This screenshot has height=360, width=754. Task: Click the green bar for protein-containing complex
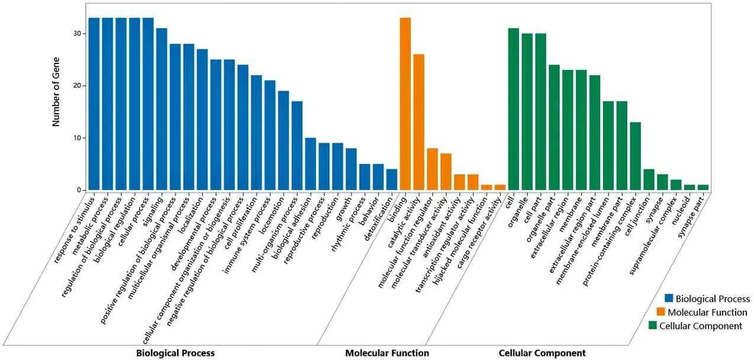tap(635, 156)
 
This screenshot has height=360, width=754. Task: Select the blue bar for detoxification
tap(392, 179)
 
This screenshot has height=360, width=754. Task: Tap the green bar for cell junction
tap(649, 179)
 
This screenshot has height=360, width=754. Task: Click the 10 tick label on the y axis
tap(78, 138)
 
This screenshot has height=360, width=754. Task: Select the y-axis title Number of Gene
tap(57, 97)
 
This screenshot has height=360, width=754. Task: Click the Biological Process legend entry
tap(713, 299)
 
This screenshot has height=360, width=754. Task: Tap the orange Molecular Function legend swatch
tap(670, 312)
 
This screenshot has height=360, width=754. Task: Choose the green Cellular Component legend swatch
tap(653, 326)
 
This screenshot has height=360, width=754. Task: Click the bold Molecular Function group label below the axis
tap(387, 353)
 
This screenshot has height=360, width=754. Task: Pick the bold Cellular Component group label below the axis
tap(542, 353)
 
